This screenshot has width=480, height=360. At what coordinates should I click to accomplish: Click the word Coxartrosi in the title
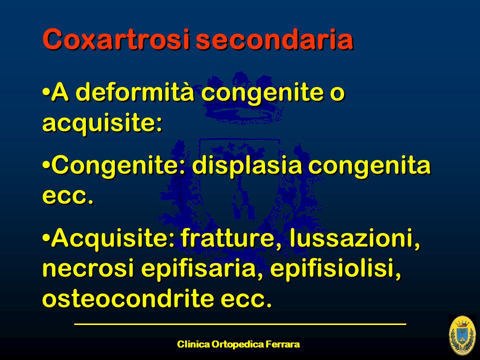click(x=116, y=39)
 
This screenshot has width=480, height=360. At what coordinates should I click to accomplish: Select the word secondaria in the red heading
click(x=274, y=39)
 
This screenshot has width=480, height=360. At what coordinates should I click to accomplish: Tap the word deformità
click(x=134, y=92)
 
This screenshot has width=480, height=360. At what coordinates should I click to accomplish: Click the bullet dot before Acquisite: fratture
click(x=46, y=237)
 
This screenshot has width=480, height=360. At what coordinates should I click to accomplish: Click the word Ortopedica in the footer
click(x=237, y=345)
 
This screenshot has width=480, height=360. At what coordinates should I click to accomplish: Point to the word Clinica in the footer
click(x=194, y=344)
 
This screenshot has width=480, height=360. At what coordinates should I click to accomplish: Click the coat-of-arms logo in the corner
click(x=462, y=335)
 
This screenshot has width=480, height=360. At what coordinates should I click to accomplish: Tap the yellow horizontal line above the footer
click(x=240, y=323)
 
